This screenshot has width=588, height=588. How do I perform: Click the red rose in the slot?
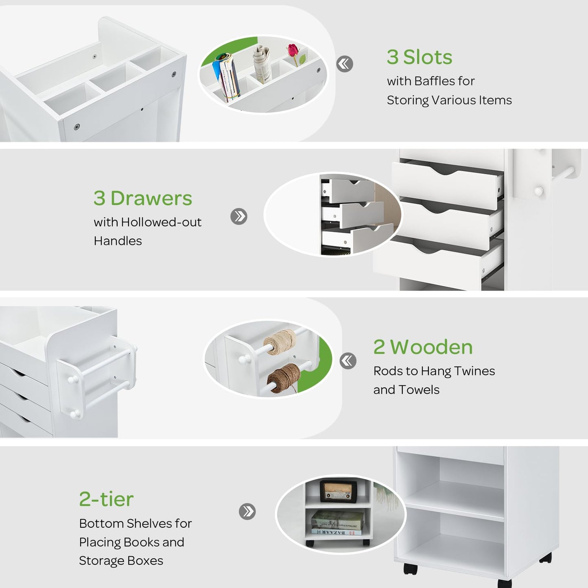[x=293, y=51]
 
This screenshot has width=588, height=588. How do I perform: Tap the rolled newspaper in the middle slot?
[x=262, y=63]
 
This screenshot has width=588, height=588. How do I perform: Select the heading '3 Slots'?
[x=419, y=57]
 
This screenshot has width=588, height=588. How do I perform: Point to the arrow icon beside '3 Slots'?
[x=345, y=64]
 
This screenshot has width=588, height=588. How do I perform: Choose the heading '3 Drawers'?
[x=143, y=198]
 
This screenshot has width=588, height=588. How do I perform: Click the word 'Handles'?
[x=118, y=241]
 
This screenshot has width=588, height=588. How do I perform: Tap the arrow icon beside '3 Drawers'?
[x=238, y=216]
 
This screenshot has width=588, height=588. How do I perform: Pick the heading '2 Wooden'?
[x=423, y=347]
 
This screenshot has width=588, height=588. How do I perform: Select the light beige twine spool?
[x=280, y=342]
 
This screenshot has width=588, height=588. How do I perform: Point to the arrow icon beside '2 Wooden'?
[x=348, y=361]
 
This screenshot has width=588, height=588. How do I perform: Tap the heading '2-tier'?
[x=106, y=499]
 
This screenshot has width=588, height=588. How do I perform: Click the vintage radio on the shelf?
[x=339, y=491]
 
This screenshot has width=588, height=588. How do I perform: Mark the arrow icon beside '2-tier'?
[x=247, y=511]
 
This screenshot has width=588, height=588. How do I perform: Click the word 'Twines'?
[x=474, y=371]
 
